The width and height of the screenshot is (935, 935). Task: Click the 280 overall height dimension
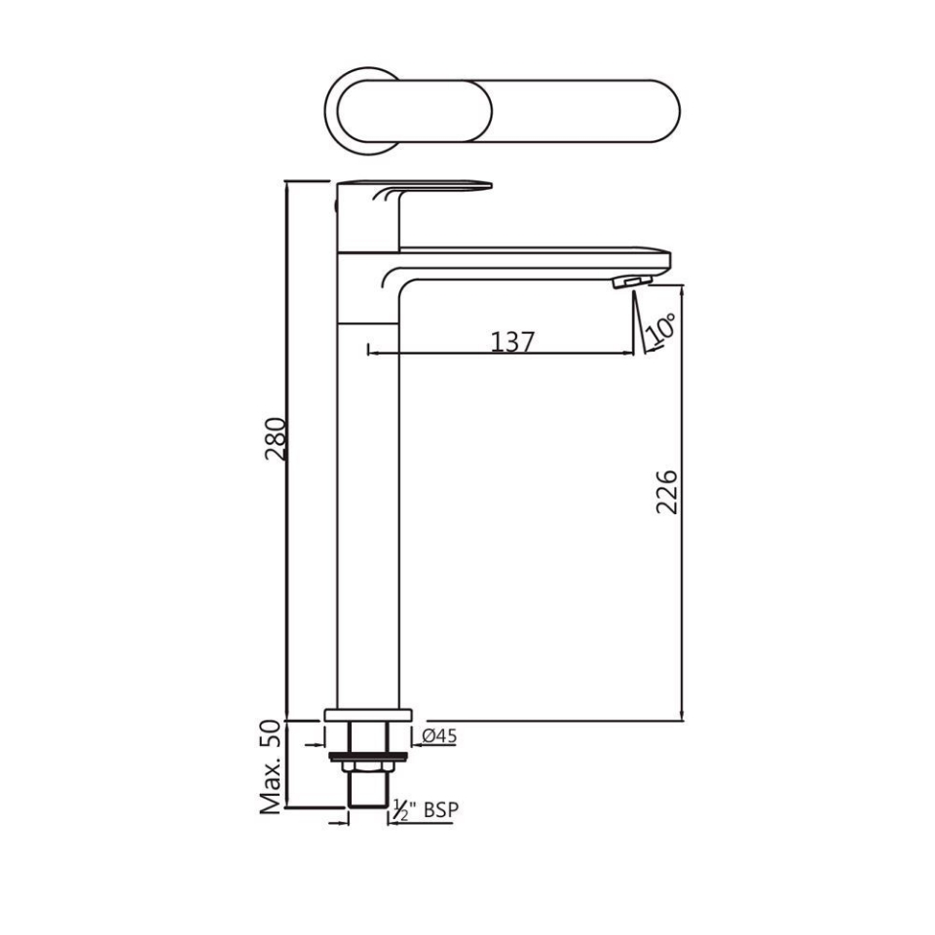point(276,439)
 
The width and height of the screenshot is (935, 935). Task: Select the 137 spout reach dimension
point(512,341)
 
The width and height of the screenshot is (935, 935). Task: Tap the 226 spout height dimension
point(665,493)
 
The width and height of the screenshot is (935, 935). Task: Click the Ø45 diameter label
point(439,737)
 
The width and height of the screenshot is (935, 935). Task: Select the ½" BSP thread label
point(425,809)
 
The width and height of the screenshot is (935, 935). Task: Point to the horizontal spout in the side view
point(536,257)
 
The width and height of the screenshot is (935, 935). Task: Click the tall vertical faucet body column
point(368,506)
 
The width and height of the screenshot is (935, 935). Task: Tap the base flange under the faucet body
point(368,715)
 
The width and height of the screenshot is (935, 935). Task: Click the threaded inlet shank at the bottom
point(368,791)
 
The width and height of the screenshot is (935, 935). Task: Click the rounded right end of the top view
point(662,109)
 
